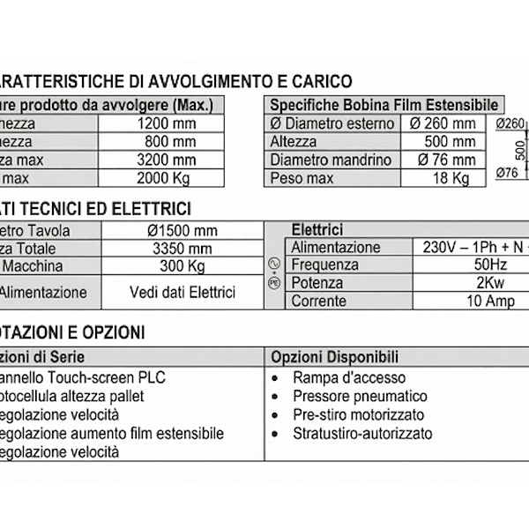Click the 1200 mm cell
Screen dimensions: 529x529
pyautogui.click(x=167, y=123)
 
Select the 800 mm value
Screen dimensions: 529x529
pyautogui.click(x=167, y=142)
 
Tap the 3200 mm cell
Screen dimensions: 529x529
pyautogui.click(x=167, y=160)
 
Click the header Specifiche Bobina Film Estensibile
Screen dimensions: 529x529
pyautogui.click(x=384, y=105)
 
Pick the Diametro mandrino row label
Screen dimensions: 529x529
pyautogui.click(x=330, y=160)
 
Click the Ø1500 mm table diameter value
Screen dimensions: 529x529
pyautogui.click(x=182, y=230)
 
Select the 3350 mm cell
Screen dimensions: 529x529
pyautogui.click(x=182, y=248)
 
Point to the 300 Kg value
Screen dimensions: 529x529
pyautogui.click(x=182, y=265)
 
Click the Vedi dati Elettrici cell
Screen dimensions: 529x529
pyautogui.click(x=182, y=293)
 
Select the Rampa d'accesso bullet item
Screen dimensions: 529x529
pyautogui.click(x=337, y=377)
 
